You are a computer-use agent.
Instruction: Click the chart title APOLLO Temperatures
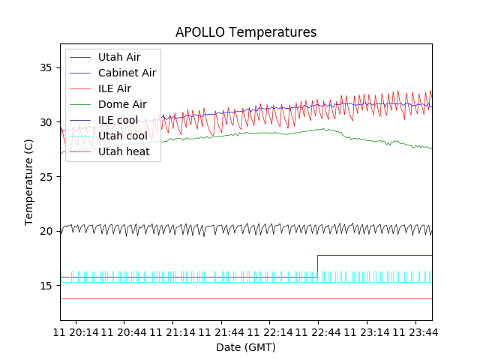coord(246,32)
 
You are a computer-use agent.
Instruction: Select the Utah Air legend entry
coord(118,57)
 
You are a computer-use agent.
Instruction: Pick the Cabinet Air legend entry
coord(127,73)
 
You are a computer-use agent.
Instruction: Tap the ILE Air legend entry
coord(114,88)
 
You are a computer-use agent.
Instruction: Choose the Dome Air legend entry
coord(121,104)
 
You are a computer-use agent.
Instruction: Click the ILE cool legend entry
coord(118,120)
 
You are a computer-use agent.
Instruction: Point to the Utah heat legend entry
coord(124,151)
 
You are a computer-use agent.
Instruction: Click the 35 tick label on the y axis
coord(46,67)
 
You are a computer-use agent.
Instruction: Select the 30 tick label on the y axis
coord(46,122)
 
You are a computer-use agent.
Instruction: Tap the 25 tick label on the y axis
coord(46,176)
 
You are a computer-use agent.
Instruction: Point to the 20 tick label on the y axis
coord(46,231)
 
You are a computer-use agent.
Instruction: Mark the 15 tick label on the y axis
coord(46,285)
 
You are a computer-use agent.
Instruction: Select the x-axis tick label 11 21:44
coord(221,331)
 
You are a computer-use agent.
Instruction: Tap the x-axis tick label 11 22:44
coord(318,331)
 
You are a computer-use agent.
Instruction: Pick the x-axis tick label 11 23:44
coord(414,331)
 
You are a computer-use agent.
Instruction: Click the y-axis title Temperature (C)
coord(28,182)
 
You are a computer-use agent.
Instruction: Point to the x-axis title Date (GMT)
coord(246,347)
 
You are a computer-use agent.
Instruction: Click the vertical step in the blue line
coord(317,266)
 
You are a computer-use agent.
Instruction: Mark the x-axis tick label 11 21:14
coord(173,331)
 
